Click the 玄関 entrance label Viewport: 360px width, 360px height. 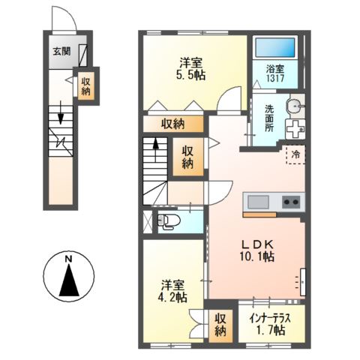[61, 52]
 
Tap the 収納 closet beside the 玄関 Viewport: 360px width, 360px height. [85, 85]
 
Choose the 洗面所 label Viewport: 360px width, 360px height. [268, 118]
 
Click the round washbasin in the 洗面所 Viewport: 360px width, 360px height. [295, 105]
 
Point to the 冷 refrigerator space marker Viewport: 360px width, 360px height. [296, 154]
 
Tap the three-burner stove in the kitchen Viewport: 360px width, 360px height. [290, 202]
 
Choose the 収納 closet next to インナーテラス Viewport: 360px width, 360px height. [220, 322]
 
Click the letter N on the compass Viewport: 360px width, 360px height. [68, 260]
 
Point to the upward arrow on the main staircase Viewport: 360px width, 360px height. [155, 146]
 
